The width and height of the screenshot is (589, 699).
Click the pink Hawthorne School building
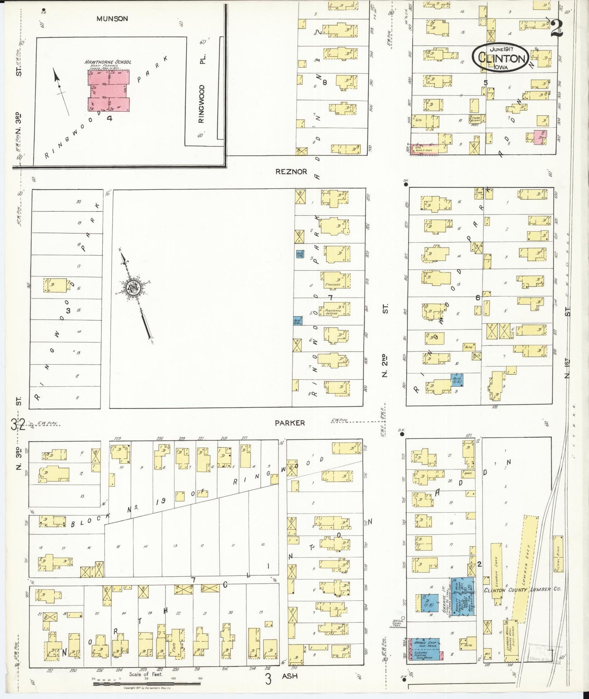coord(109,91)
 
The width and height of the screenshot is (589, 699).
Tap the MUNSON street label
coord(112,18)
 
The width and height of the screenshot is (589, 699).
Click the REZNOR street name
coord(291,172)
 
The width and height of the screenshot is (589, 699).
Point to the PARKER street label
coord(289,423)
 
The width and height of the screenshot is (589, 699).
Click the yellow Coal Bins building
coord(558,558)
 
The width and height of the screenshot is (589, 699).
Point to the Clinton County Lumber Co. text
coord(522,590)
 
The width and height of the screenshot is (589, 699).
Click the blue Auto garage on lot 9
coord(457,380)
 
